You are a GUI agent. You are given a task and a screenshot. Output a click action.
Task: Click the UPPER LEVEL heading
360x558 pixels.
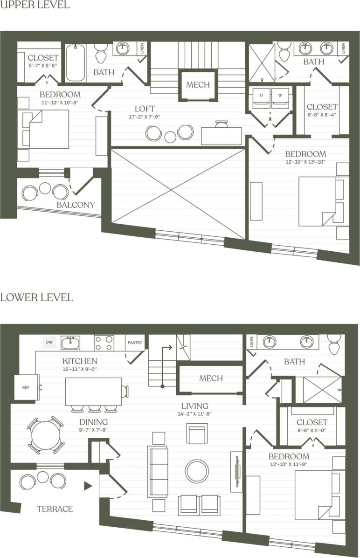click(x=35, y=5)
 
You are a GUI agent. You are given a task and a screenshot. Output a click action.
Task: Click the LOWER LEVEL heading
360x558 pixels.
click(x=36, y=297)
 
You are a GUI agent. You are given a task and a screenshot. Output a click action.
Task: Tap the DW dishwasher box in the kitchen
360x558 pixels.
click(x=49, y=343)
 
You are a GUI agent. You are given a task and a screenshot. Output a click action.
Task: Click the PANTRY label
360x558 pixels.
click(x=134, y=343)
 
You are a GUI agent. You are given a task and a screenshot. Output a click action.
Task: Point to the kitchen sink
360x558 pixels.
click(x=70, y=343)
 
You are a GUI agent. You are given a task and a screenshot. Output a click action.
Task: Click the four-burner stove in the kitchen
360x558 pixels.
click(x=104, y=343)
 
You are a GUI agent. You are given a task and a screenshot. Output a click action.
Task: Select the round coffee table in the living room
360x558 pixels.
click(x=197, y=471)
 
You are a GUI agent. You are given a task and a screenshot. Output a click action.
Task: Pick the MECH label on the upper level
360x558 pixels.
click(x=198, y=85)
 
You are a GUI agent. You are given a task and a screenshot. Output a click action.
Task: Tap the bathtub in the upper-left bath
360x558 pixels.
click(x=76, y=63)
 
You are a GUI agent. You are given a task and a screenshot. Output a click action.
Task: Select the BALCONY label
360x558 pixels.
click(x=76, y=205)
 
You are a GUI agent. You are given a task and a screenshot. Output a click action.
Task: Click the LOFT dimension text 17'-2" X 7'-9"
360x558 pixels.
click(x=145, y=117)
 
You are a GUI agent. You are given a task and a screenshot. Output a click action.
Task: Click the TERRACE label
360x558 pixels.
click(x=55, y=509)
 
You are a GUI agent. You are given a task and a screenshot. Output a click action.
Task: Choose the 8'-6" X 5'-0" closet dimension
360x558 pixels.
click(x=312, y=431)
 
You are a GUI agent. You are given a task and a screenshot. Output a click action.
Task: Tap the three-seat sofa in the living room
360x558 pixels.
click(x=158, y=471)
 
